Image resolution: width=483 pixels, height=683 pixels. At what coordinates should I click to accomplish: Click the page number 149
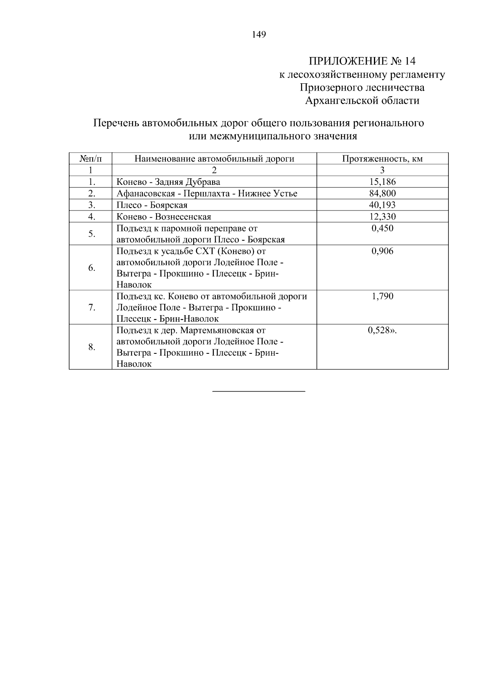259,35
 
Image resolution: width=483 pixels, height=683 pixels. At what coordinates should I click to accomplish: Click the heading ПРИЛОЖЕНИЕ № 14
362,61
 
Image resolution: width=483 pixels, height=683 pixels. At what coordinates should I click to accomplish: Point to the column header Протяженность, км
382,159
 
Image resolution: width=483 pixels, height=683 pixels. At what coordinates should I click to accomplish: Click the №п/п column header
91,159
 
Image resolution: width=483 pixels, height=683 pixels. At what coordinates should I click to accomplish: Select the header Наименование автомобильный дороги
214,159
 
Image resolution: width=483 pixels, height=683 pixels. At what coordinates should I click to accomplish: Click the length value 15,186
382,182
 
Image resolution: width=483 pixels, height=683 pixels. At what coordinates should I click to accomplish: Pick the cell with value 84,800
382,194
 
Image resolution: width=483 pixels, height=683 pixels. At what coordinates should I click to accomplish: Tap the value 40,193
382,205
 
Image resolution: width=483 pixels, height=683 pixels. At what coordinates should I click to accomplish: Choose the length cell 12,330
382,217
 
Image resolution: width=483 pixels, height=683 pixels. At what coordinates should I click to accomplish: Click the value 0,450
382,229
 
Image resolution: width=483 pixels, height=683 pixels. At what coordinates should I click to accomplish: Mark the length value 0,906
382,252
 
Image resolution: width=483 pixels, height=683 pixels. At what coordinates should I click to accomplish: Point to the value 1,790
382,297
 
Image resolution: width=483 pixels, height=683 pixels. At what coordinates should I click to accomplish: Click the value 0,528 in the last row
380,330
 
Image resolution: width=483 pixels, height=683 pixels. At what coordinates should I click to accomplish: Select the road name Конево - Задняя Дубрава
168,182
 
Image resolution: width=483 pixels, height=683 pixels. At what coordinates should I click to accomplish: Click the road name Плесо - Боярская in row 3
152,205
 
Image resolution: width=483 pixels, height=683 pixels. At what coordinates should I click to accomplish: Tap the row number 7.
91,308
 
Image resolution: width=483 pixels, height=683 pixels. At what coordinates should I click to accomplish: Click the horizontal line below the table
258,391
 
